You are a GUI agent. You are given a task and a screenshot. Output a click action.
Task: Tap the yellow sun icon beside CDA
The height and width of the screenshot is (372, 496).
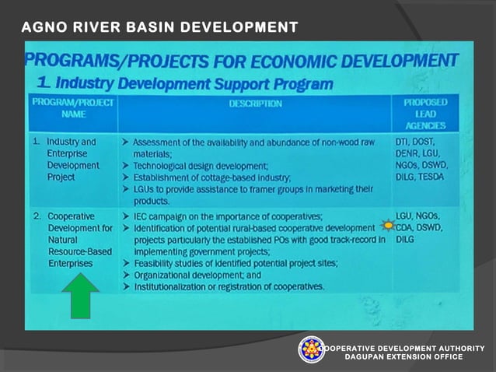pos(388,227)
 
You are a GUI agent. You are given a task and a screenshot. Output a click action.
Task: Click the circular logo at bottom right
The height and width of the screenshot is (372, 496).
pos(312,350)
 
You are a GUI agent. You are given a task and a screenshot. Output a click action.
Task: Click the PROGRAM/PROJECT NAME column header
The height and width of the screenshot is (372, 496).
pos(73,108)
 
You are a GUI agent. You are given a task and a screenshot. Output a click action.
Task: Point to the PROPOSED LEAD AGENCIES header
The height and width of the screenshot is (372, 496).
pos(424,114)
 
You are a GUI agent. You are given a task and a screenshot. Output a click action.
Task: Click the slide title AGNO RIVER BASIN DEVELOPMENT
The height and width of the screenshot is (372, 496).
pos(159,28)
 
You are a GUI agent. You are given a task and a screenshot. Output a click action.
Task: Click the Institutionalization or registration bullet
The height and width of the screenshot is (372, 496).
pos(229,286)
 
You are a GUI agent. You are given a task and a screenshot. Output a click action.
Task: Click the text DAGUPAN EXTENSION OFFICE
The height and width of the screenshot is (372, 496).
pos(404,356)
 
